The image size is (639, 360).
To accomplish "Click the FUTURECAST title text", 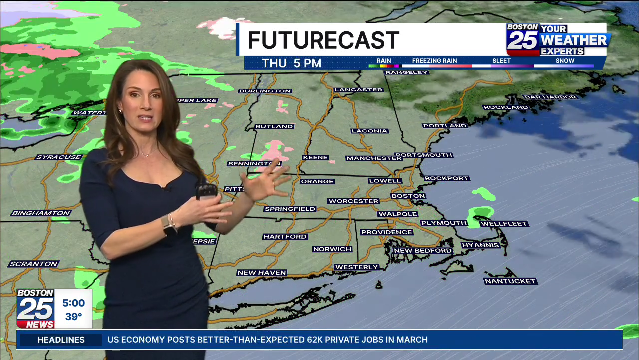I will click(323, 40).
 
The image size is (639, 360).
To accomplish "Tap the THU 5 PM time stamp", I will click(292, 63).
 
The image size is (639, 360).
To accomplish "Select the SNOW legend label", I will click(565, 61).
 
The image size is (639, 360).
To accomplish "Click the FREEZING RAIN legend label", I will click(434, 61).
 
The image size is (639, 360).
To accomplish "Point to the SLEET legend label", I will click(501, 61).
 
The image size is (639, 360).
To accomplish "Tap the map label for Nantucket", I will click(510, 281).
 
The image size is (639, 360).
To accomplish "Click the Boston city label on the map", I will click(408, 196).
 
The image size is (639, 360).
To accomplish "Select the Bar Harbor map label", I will click(550, 97).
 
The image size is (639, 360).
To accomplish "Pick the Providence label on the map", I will click(387, 232).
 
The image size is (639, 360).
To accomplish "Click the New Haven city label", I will click(262, 273).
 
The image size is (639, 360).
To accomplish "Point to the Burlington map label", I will click(265, 91).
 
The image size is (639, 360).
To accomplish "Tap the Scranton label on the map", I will click(34, 264).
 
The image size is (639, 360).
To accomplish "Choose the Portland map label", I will click(444, 126).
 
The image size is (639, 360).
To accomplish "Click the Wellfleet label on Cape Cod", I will click(504, 224).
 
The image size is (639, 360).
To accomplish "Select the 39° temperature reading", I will click(73, 317).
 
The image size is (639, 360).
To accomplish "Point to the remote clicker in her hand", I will click(206, 190).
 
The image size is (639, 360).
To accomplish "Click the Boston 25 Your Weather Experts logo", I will click(558, 39).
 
